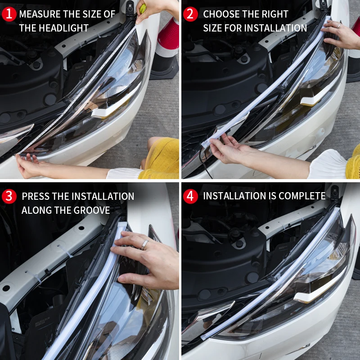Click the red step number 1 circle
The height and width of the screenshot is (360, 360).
click(x=9, y=14)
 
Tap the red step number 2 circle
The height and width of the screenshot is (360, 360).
click(x=191, y=14)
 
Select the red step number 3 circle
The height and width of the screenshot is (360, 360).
click(x=9, y=197)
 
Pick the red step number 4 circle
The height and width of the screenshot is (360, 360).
click(x=191, y=196)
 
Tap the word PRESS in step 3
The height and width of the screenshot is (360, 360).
click(x=36, y=197)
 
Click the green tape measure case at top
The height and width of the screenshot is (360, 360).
click(x=143, y=8)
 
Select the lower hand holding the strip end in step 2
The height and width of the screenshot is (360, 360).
click(x=229, y=151)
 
